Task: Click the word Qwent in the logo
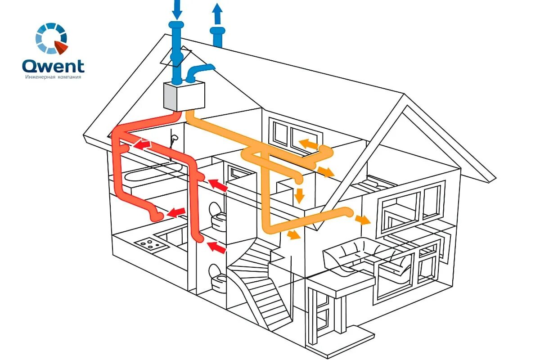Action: [x=53, y=66]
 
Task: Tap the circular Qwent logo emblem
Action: [x=51, y=38]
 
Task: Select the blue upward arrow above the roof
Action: [x=217, y=13]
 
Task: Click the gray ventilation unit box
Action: [x=183, y=96]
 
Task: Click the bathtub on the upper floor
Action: [x=153, y=171]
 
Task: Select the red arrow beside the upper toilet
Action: [x=218, y=184]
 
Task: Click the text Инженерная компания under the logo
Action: [x=53, y=77]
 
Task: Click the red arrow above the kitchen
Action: [x=176, y=211]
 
